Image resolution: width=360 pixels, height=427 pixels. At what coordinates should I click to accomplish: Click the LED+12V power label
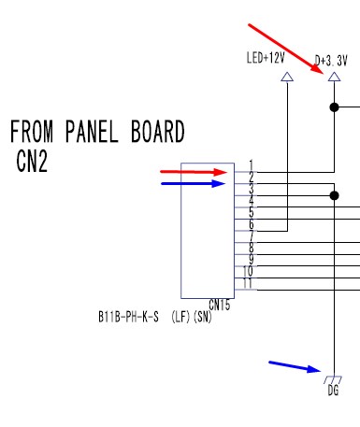click(x=266, y=58)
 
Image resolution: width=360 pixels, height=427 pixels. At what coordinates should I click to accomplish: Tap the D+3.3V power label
click(x=331, y=61)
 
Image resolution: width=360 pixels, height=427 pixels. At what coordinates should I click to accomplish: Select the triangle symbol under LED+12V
click(x=287, y=77)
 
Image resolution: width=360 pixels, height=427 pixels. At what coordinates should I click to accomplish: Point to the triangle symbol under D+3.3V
click(x=335, y=77)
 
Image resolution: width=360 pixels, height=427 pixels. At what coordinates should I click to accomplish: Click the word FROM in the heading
click(x=32, y=132)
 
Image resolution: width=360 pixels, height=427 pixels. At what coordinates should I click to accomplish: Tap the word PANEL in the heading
click(x=92, y=132)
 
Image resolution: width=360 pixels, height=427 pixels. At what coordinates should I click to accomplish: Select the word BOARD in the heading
click(x=158, y=132)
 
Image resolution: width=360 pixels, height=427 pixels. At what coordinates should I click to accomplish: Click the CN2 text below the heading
click(x=32, y=161)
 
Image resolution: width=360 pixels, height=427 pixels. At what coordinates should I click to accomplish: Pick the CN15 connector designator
click(x=220, y=305)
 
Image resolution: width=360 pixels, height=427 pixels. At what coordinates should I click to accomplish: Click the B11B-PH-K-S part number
click(x=128, y=317)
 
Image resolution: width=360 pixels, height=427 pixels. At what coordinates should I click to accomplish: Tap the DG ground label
click(x=333, y=391)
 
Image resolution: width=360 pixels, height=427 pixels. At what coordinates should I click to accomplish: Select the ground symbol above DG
click(x=333, y=379)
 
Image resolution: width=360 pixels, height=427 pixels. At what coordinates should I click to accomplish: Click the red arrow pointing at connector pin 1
click(x=194, y=172)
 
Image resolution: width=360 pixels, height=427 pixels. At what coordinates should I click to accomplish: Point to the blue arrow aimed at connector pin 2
click(x=194, y=183)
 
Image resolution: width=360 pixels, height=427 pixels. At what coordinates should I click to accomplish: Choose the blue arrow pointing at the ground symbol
click(x=295, y=366)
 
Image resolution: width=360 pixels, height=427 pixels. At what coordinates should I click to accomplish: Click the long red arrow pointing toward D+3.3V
click(x=286, y=49)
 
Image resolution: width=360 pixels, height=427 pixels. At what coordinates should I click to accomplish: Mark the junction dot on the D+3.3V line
click(x=334, y=107)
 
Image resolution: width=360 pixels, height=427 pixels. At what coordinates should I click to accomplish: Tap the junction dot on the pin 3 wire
click(x=334, y=195)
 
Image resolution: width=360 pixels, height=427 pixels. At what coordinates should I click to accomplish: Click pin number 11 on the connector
click(x=247, y=283)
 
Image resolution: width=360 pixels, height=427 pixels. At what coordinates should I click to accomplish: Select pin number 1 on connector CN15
click(x=252, y=165)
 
